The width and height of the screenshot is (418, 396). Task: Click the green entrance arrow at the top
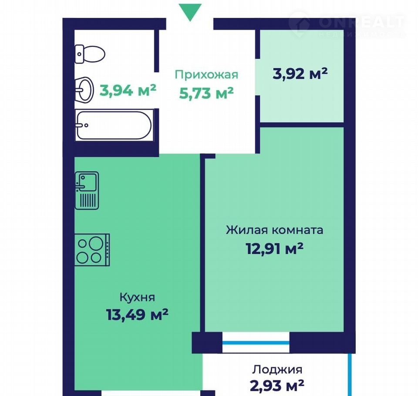tap(190, 12)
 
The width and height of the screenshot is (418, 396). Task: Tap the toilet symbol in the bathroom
tap(90, 54)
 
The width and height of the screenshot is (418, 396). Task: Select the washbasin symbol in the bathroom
tap(84, 90)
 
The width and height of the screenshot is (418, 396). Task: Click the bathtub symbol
tap(114, 125)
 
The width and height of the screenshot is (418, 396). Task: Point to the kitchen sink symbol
tap(87, 190)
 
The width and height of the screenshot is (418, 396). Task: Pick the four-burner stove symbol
tap(92, 250)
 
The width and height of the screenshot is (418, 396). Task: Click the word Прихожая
tap(206, 74)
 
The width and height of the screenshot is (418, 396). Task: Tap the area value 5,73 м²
tap(206, 93)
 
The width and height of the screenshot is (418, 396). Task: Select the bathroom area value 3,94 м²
tap(128, 90)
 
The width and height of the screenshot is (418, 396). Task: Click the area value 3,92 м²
tap(300, 74)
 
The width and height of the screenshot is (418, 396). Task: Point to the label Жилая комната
tap(275, 230)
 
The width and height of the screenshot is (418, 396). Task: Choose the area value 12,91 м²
tap(275, 248)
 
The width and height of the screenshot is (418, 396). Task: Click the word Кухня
tap(137, 297)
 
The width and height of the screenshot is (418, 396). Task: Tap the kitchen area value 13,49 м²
tap(137, 315)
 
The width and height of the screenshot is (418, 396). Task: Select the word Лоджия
tap(277, 369)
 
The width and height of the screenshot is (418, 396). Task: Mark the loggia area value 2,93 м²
tap(277, 386)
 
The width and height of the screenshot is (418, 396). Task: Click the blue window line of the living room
tap(256, 343)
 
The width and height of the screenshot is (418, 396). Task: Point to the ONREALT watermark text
tap(361, 22)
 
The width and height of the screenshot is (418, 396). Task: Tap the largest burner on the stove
tap(96, 243)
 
